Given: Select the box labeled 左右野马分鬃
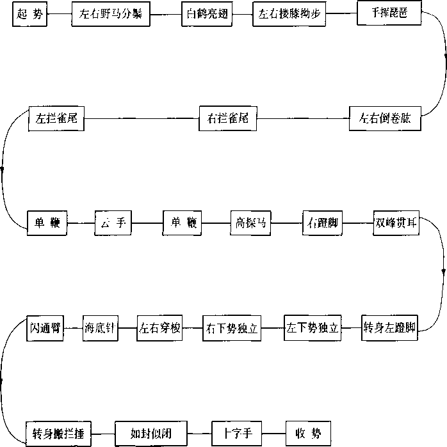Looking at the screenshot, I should click(111, 14).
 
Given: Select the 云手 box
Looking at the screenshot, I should click(113, 223).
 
